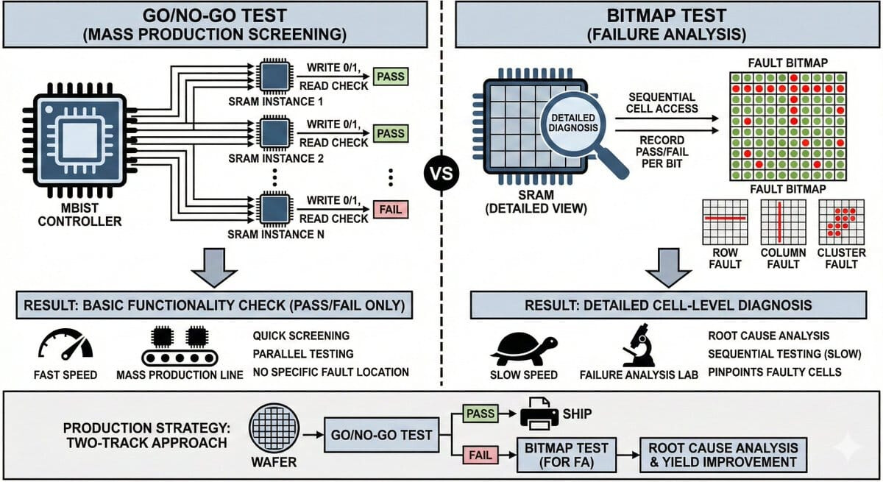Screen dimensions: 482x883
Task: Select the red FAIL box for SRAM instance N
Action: coord(390,209)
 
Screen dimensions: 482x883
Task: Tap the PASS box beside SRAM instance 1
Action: coord(390,76)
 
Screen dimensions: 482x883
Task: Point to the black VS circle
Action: coord(441,174)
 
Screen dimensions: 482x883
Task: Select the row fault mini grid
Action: coord(726,221)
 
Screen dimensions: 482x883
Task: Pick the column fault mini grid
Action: coord(781,221)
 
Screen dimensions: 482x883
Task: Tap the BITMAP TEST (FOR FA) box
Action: coord(564,454)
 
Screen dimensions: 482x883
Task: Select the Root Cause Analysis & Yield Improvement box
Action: coord(723,454)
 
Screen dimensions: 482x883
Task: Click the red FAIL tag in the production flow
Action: coord(478,454)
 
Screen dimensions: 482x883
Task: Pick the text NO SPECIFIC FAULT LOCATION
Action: coord(330,372)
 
